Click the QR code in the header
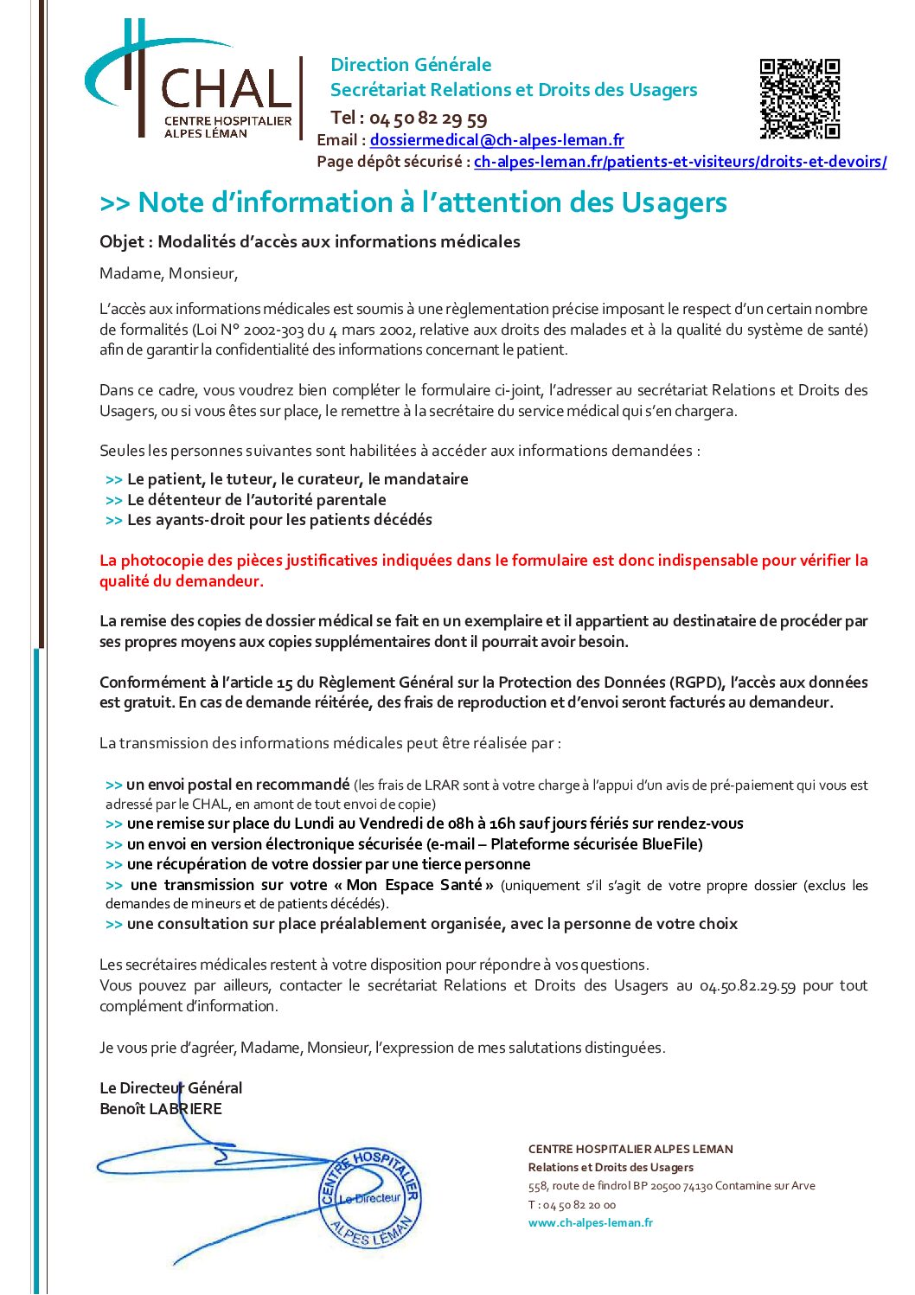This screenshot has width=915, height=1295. (799, 99)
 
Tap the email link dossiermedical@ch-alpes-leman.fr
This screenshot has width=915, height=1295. (496, 140)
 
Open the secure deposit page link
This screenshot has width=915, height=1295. (680, 162)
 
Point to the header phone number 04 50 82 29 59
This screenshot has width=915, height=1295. (428, 119)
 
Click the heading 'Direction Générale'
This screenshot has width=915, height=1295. (411, 65)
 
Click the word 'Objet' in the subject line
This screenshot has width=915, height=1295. (121, 242)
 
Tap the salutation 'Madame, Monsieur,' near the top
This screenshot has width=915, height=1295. (169, 274)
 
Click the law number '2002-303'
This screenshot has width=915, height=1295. (273, 330)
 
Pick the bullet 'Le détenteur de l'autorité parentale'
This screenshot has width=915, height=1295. (256, 500)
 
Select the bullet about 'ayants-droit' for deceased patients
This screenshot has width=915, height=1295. (278, 520)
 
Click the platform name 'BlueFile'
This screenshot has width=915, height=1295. (671, 844)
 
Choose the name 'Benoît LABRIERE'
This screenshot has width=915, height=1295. (161, 1109)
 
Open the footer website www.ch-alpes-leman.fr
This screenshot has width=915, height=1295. (591, 1223)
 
